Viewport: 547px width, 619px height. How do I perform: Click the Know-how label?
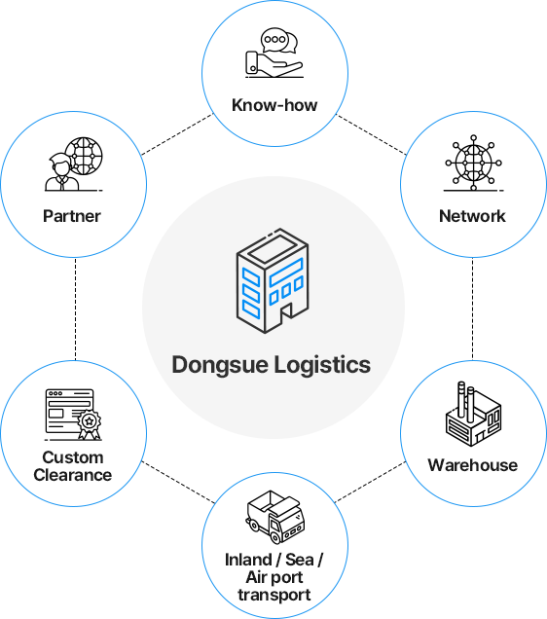(x=274, y=105)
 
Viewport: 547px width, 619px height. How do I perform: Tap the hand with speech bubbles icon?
(x=274, y=53)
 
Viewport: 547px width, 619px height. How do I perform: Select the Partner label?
(x=72, y=216)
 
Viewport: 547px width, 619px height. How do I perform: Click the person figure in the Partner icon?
(x=61, y=172)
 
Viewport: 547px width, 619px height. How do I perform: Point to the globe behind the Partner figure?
(x=84, y=156)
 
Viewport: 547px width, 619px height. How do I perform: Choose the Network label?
(x=472, y=216)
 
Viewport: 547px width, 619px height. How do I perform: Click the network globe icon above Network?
(x=473, y=163)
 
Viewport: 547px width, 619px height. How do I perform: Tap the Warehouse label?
(x=473, y=465)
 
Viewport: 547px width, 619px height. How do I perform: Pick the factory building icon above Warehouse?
(x=473, y=414)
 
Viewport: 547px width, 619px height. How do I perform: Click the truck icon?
(x=275, y=517)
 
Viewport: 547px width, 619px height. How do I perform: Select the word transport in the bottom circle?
(x=274, y=595)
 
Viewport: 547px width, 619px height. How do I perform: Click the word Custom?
(x=73, y=457)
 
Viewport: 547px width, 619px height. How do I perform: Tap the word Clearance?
(x=73, y=475)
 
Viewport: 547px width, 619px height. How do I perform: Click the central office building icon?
(x=273, y=280)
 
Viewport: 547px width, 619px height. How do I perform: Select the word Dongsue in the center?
(x=220, y=365)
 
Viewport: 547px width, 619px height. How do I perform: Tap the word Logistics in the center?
(x=322, y=365)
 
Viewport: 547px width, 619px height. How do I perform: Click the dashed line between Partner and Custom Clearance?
(x=75, y=309)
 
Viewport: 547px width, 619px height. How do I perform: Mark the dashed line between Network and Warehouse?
(x=473, y=309)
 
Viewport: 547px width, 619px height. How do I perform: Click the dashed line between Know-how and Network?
(x=371, y=134)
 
